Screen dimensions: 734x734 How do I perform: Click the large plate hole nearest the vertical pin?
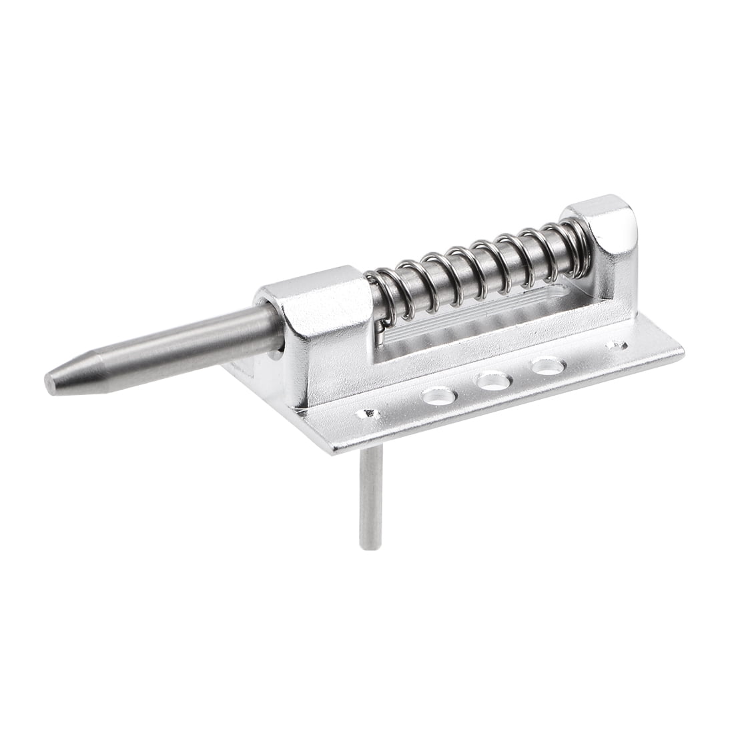click(x=441, y=397)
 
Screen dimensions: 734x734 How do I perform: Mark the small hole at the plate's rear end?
click(x=615, y=346)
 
